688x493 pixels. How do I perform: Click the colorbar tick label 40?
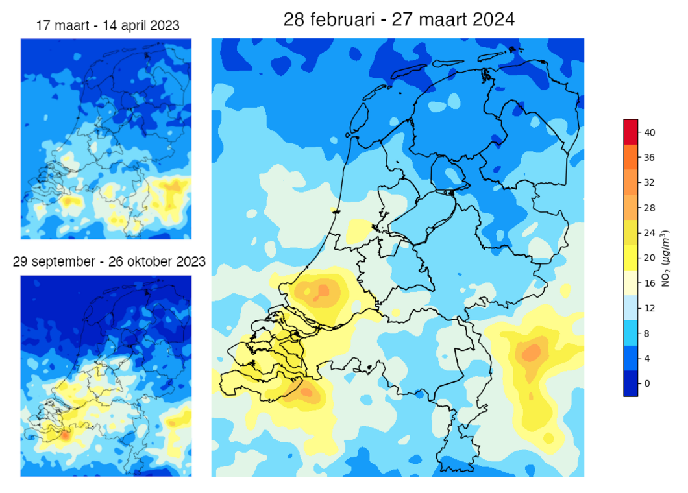tap(650, 132)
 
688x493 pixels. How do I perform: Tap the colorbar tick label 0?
tap(647, 383)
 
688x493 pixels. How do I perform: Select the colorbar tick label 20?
tap(650, 258)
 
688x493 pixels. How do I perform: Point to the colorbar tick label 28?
tap(650, 208)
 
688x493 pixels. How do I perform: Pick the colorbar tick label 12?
tap(650, 308)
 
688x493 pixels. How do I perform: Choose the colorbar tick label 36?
tap(650, 158)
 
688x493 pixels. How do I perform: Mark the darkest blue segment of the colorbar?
tap(631, 383)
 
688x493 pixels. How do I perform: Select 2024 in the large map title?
tap(493, 20)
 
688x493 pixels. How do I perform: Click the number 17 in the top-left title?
tap(43, 26)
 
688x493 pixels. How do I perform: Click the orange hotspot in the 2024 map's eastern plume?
tap(532, 353)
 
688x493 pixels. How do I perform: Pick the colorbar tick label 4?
tap(647, 358)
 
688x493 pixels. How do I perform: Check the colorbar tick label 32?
tap(650, 182)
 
